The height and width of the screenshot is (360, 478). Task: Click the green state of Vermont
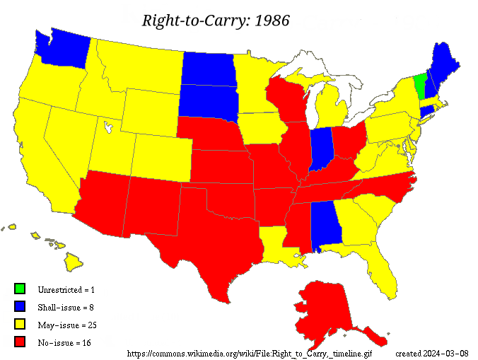419,87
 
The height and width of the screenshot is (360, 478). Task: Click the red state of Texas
205,240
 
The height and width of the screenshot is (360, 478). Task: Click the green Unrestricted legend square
20,289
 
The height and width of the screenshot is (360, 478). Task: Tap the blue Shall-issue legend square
20,306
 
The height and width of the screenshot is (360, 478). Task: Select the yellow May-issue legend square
20,325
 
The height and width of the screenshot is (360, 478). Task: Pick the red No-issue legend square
20,342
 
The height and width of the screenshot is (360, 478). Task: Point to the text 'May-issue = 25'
68,325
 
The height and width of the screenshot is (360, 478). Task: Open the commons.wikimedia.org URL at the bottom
249,353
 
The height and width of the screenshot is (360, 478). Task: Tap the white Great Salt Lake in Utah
107,127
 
